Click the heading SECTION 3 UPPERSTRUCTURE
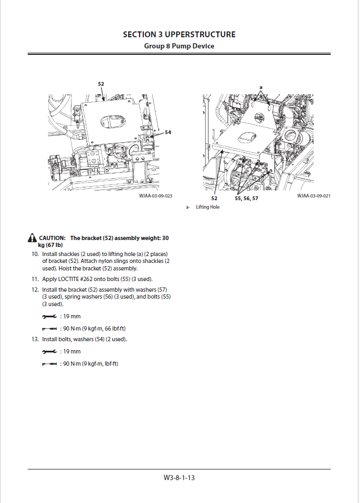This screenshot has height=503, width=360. pos(179,35)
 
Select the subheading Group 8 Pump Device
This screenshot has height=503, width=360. pos(179,46)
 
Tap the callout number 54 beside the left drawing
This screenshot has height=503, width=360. pos(168,132)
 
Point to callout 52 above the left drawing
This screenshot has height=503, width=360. pos(101,84)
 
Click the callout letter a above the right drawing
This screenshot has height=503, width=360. pos(261,87)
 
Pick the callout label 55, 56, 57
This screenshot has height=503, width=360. pos(246,198)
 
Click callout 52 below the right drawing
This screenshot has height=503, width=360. pos(214,198)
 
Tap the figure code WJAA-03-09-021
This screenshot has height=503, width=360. pos(314,196)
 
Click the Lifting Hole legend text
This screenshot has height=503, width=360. pos(207,207)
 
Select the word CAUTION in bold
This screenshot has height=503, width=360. pos(52,237)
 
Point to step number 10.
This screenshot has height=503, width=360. pos(35,254)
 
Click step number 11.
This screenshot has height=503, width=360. pos(35,279)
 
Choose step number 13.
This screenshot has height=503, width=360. pos(35,339)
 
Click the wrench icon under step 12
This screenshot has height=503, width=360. pos(48,317)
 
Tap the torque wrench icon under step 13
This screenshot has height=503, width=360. pos(48,364)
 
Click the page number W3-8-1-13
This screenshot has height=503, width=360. pos(179,477)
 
